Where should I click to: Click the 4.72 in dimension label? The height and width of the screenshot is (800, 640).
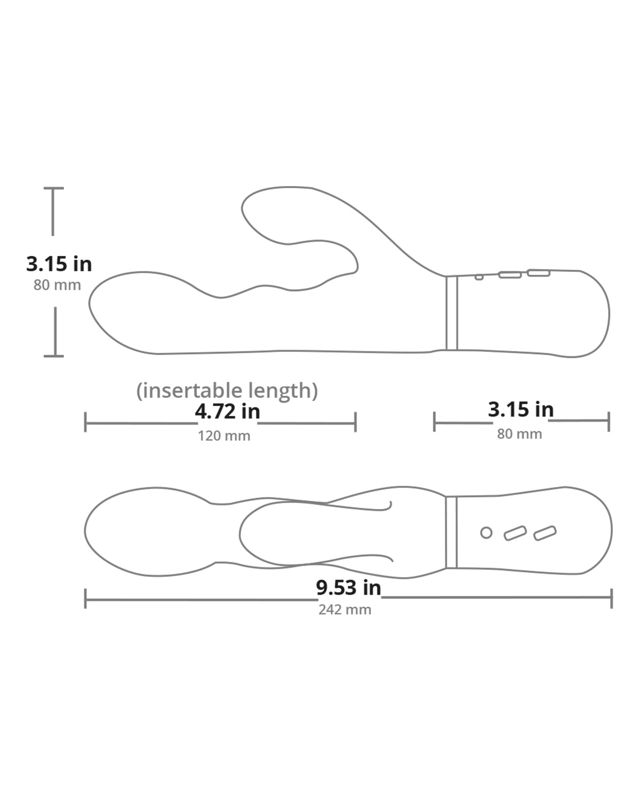tap(227, 411)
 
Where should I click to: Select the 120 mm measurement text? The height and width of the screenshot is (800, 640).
tap(224, 436)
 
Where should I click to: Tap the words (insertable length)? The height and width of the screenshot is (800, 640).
tap(227, 390)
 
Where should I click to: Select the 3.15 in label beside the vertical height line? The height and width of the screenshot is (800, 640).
tap(59, 264)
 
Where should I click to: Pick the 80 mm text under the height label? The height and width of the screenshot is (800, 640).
tap(57, 285)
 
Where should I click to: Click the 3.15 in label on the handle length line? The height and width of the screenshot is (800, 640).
tap(521, 409)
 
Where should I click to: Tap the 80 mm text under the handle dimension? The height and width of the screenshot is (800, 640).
tap(519, 434)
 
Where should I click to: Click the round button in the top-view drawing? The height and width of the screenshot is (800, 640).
tap(486, 533)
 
